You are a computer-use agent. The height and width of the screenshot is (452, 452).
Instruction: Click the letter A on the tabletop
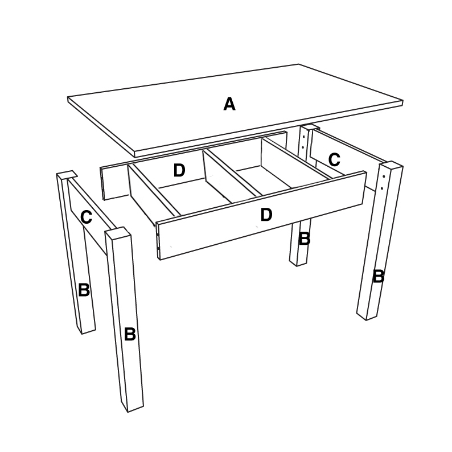click(x=229, y=104)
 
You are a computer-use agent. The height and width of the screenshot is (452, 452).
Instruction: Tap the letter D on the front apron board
click(x=266, y=215)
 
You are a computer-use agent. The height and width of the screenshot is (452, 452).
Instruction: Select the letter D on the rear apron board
click(x=179, y=170)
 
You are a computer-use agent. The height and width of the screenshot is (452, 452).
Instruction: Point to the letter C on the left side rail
click(x=86, y=217)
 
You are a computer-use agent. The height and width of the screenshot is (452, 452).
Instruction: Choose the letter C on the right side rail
click(x=334, y=160)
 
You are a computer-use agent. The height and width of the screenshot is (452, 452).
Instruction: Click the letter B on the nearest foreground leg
click(x=130, y=334)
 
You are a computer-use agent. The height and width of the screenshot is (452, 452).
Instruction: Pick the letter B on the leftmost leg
click(x=84, y=290)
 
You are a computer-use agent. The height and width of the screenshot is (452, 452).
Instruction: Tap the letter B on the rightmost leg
click(x=379, y=276)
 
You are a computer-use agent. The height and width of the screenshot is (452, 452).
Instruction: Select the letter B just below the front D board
click(x=305, y=239)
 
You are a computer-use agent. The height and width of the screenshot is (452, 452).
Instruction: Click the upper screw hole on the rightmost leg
click(x=384, y=176)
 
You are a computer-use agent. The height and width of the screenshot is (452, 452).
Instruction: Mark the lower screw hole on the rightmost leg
click(x=382, y=188)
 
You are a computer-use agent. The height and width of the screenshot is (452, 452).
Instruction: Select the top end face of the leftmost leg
click(x=67, y=175)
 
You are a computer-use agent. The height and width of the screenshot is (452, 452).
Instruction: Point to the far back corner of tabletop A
click(x=299, y=64)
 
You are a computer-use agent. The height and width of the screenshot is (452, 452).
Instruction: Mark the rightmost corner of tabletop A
click(x=402, y=101)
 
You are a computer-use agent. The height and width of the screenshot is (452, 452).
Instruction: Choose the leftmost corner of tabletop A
click(x=68, y=97)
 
